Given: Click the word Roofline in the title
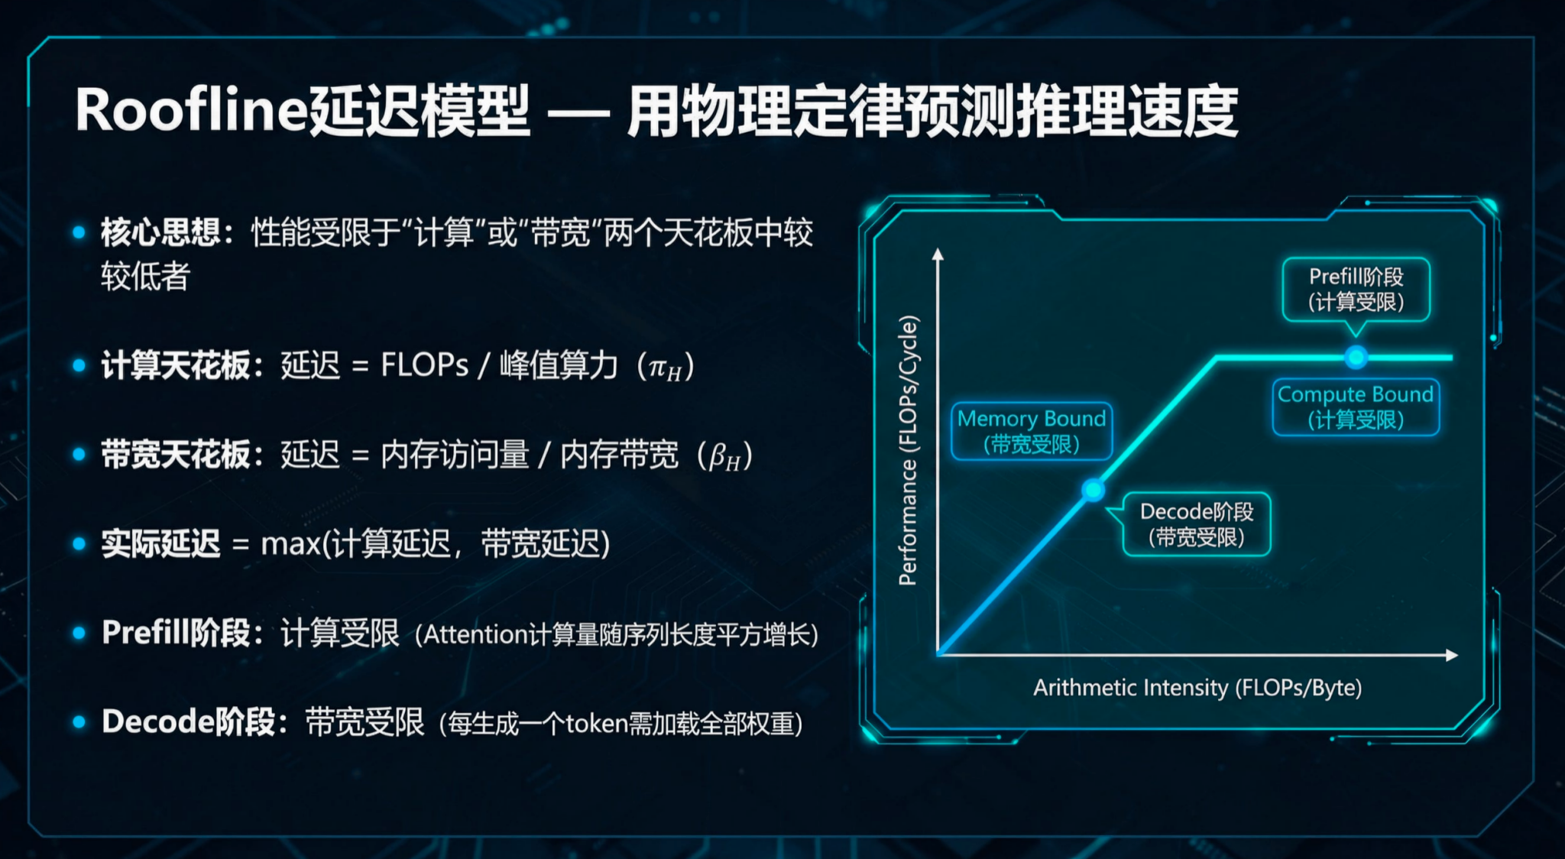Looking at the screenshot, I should [191, 111].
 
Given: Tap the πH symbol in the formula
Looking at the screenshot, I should [664, 368].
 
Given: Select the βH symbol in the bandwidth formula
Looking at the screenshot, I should [724, 456].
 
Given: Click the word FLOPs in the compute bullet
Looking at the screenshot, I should [424, 365].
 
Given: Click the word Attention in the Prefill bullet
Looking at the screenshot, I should [475, 634].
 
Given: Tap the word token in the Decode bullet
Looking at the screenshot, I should [596, 723].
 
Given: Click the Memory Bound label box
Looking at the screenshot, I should [1031, 431].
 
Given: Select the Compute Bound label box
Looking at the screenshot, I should [1356, 407].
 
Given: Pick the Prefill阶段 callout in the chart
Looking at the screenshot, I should [1356, 289].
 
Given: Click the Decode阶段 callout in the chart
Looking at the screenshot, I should [1196, 524].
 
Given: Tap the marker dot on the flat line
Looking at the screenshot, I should [1356, 357].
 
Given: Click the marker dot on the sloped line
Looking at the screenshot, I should [1094, 490].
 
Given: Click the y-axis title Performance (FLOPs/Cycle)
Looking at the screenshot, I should [908, 451].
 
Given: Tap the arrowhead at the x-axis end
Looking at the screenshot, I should [1452, 655].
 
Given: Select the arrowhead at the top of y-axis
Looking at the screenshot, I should [938, 254].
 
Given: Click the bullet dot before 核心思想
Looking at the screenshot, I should [79, 232].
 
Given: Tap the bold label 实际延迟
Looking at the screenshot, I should [160, 544].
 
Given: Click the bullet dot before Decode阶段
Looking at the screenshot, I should [79, 722].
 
